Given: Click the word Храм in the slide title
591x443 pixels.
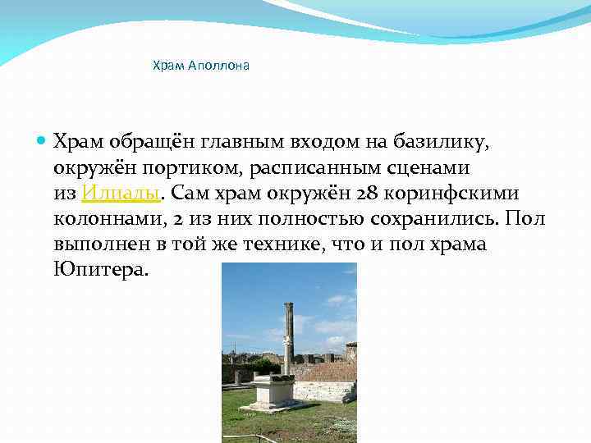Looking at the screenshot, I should [168, 65].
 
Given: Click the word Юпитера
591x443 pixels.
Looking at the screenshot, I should [101, 269].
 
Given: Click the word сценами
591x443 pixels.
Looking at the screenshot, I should [434, 168].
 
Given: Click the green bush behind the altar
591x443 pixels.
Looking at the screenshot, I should [265, 364].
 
